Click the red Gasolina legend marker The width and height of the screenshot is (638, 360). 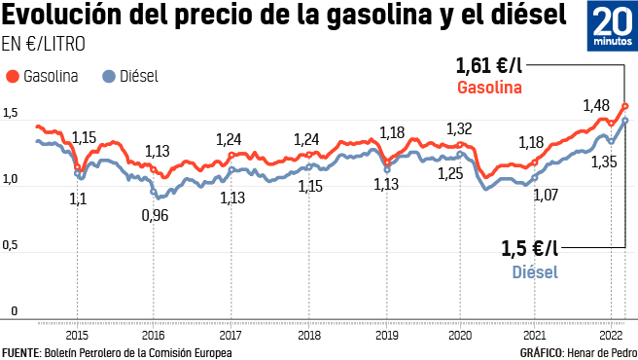pos(13,76)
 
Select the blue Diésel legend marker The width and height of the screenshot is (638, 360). pos(108,76)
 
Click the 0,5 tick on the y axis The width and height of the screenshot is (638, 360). pos(11,246)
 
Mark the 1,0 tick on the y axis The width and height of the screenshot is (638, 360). pos(11,180)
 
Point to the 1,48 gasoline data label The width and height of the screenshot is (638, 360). pos(595,105)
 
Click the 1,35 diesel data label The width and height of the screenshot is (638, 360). pos(603,162)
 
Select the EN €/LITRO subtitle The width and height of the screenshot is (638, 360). pos(43,44)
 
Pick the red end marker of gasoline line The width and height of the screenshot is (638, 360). pos(625,106)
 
